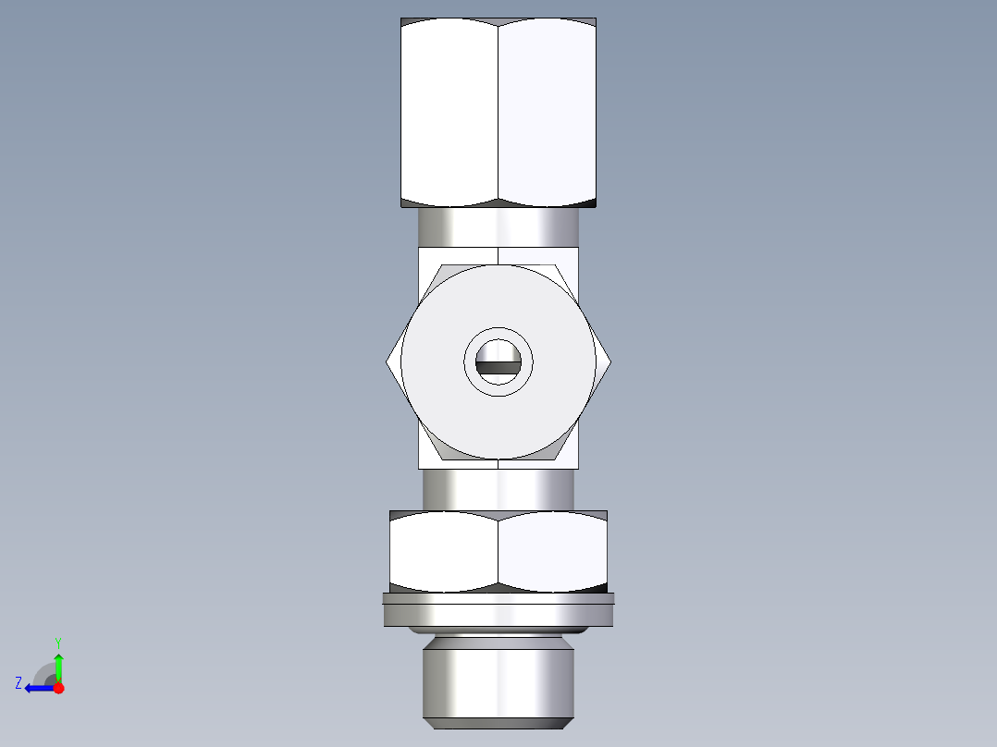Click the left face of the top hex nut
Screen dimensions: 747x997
449,111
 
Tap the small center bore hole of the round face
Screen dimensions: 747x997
498,350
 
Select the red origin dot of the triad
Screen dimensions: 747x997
58,688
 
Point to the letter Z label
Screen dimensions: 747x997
18,683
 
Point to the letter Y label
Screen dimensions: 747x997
57,642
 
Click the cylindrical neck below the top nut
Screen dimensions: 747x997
498,227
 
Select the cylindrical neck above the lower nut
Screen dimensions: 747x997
498,489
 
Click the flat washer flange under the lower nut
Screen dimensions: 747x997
498,610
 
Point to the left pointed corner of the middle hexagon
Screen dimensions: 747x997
388,362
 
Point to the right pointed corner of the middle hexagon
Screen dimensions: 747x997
609,362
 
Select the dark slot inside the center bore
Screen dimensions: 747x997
498,367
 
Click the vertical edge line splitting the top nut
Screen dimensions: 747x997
498,111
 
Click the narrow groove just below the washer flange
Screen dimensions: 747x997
498,631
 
